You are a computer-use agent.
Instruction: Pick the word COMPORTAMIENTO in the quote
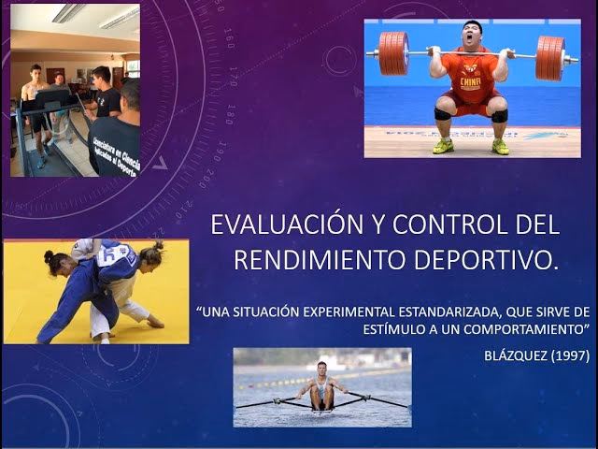pos(522,329)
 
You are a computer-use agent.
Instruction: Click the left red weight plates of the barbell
pos(393,53)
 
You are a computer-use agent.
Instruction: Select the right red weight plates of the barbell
pos(550,58)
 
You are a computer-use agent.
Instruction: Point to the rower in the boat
pos(322,384)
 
